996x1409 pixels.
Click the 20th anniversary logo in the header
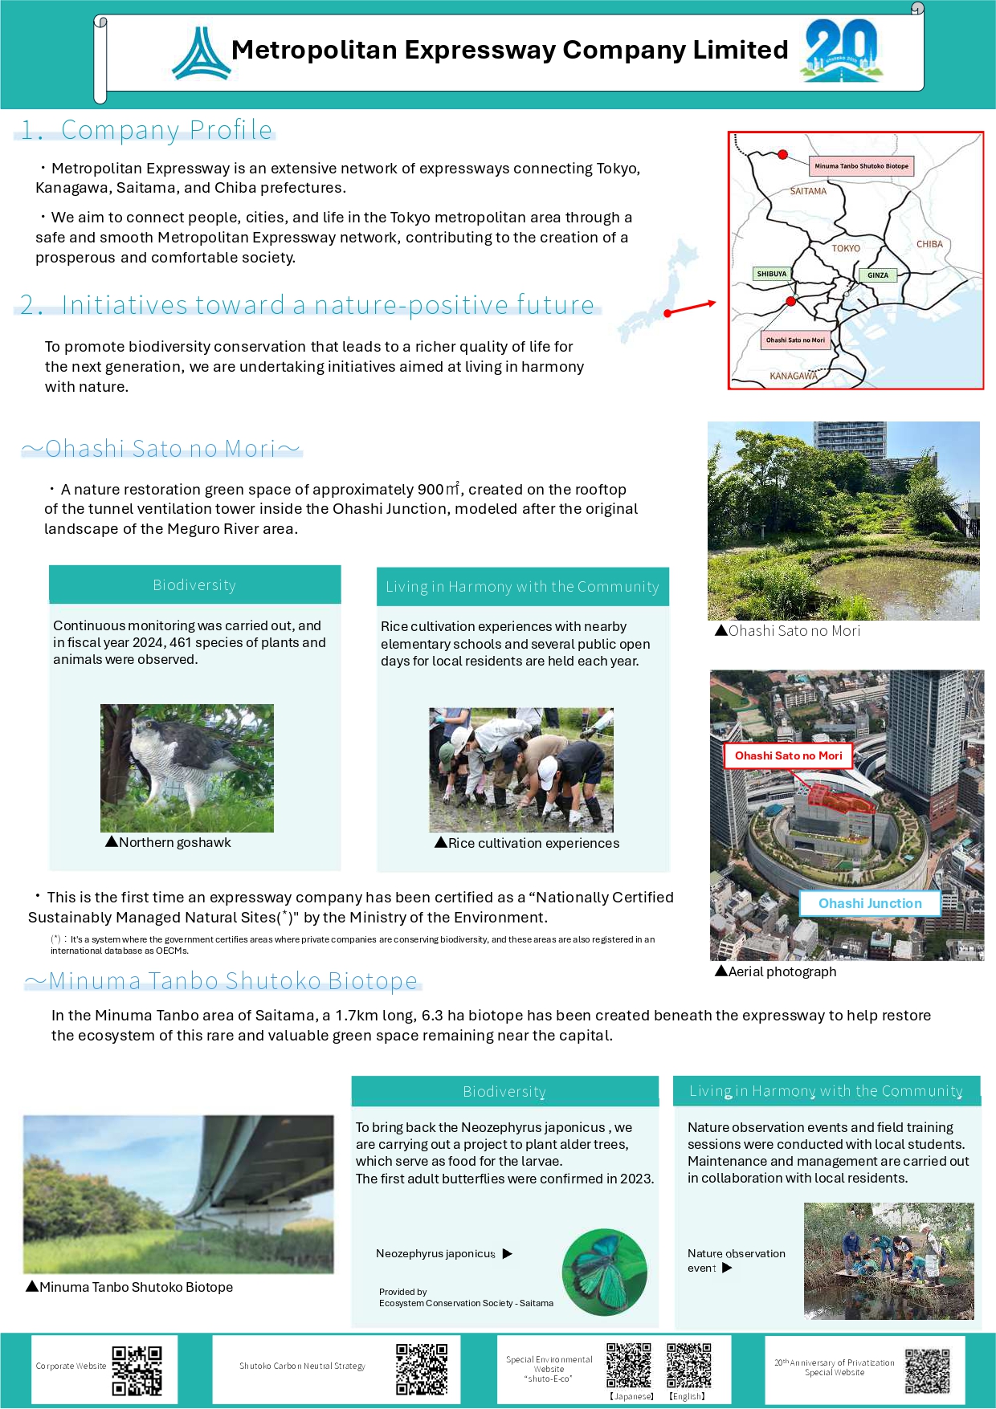(841, 50)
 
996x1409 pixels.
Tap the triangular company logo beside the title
(202, 54)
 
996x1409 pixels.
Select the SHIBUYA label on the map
(771, 274)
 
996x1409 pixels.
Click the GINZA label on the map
(878, 275)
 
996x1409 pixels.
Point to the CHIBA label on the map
(929, 244)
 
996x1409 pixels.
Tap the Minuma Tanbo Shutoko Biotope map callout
(861, 166)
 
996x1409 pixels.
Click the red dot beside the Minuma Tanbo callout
(783, 154)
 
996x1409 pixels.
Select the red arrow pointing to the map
(690, 307)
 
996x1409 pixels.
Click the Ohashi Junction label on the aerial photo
(870, 903)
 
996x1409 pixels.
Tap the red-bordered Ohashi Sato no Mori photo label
(788, 755)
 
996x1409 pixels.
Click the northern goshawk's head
(145, 727)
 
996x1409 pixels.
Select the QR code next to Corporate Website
(137, 1370)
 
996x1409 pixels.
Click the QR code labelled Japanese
(629, 1365)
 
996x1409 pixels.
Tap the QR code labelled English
(689, 1365)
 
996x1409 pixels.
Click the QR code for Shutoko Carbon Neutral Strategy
(422, 1369)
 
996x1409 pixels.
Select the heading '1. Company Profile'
(146, 130)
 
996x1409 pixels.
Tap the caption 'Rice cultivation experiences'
(533, 843)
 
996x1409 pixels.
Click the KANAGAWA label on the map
(794, 376)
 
